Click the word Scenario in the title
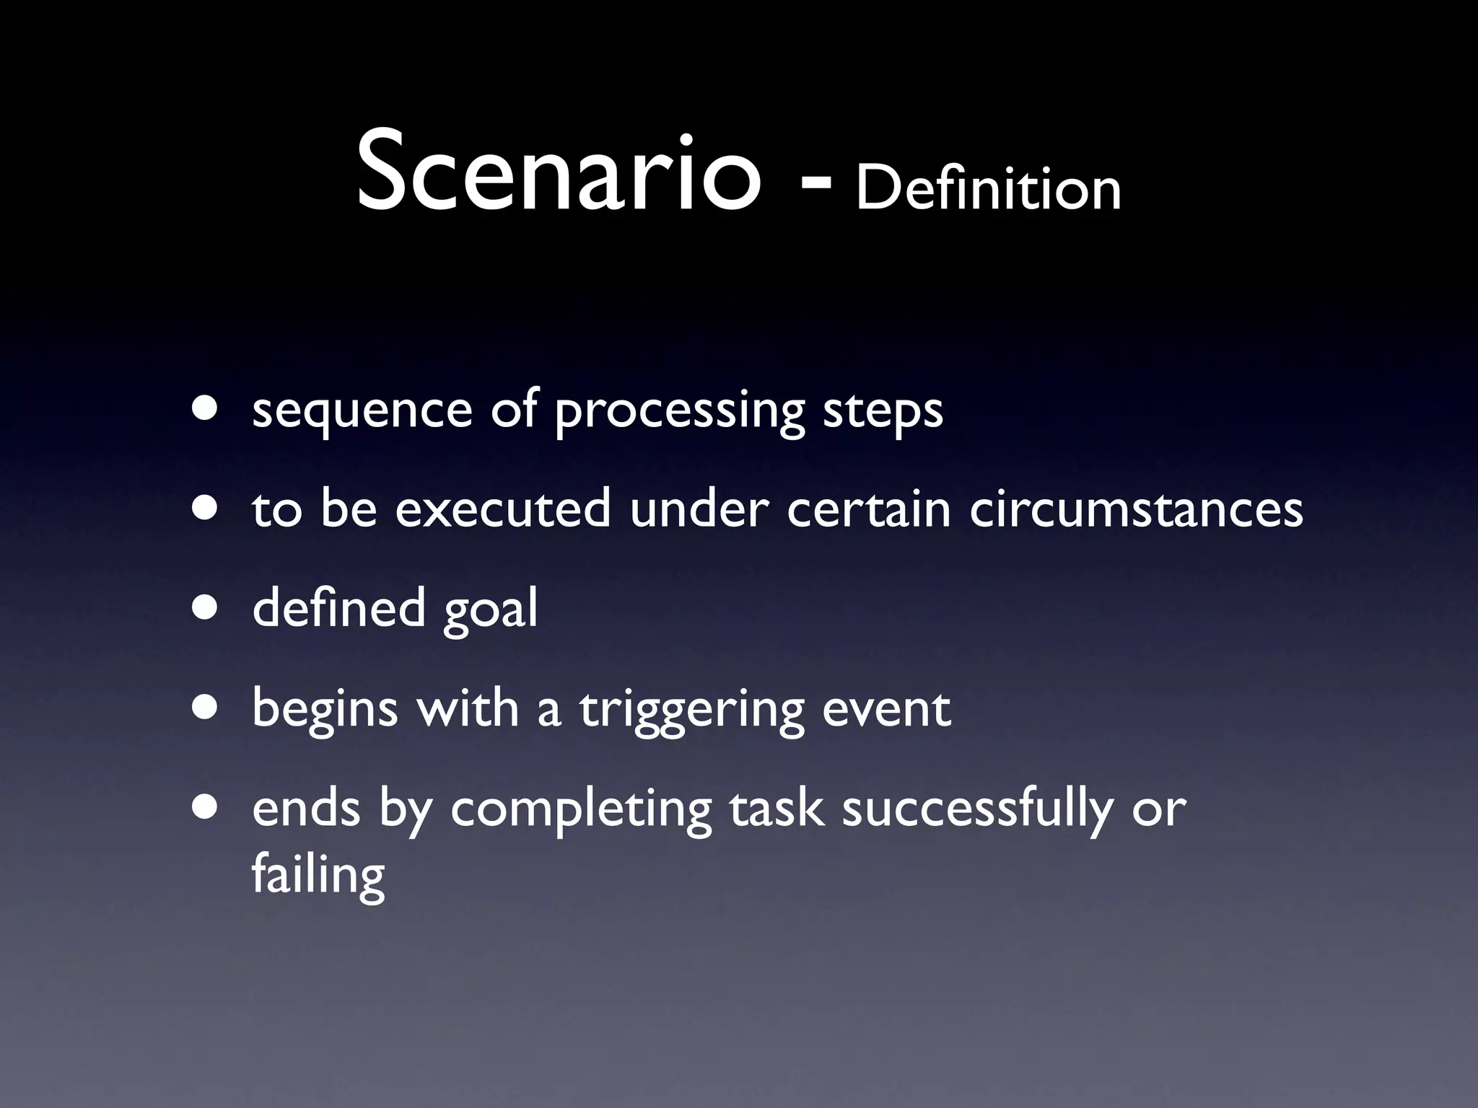(558, 173)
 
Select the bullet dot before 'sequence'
(206, 408)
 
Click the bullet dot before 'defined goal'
(206, 607)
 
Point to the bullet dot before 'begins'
(206, 708)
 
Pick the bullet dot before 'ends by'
(206, 807)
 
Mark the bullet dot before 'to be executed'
(206, 508)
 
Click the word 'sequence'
(362, 411)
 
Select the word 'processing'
(679, 411)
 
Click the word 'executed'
(502, 509)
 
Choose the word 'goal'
(490, 610)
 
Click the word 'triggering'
(691, 710)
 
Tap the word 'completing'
(581, 809)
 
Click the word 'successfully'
(976, 809)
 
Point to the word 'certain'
(868, 509)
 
